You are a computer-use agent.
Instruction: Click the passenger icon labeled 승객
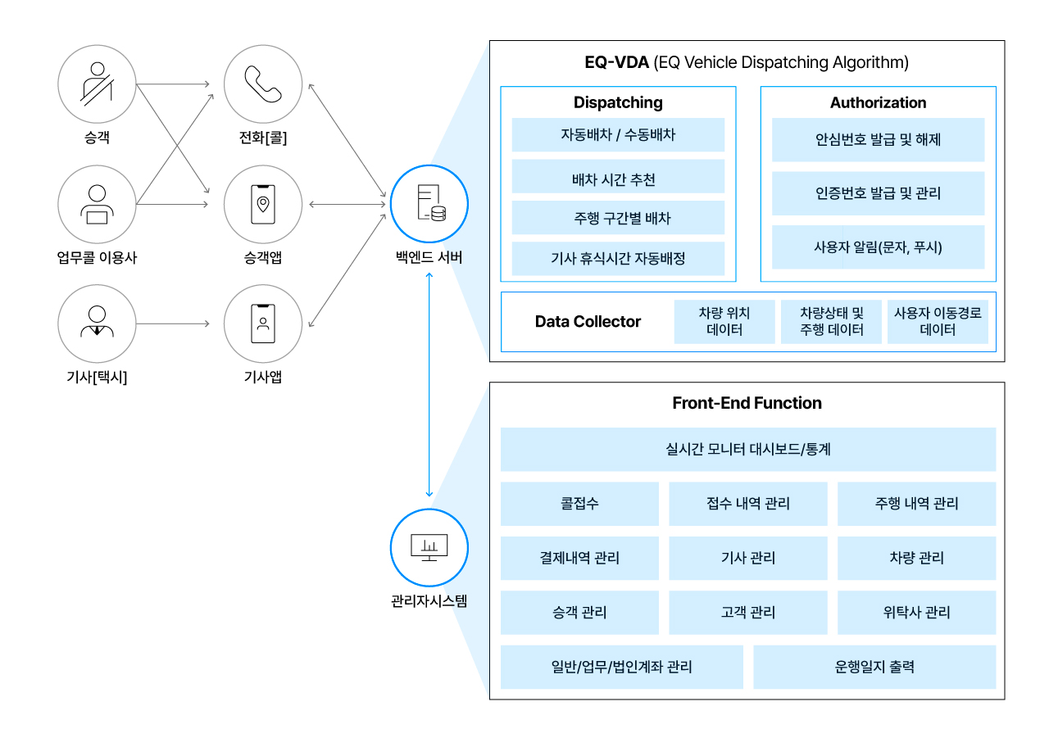[x=97, y=84]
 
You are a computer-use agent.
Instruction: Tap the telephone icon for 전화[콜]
[x=263, y=84]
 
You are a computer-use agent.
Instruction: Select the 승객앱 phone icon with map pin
[x=263, y=204]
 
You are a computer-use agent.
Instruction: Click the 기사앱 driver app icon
[x=263, y=324]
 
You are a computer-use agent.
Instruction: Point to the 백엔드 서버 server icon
[x=429, y=204]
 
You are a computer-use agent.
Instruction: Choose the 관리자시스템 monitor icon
[x=429, y=547]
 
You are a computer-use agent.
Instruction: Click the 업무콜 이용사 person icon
[x=97, y=204]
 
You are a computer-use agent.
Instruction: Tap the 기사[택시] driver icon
[x=97, y=324]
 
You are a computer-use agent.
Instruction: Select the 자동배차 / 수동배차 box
[x=618, y=135]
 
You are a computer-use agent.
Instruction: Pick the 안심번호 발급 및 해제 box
[x=878, y=140]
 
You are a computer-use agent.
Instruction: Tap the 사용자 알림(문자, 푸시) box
[x=878, y=247]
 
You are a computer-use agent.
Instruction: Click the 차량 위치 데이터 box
[x=724, y=322]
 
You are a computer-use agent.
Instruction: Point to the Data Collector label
[x=588, y=322]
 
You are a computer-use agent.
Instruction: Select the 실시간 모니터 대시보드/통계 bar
[x=748, y=450]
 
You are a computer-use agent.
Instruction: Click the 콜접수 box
[x=579, y=504]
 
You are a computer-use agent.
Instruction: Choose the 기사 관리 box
[x=748, y=558]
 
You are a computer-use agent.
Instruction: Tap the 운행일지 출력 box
[x=874, y=667]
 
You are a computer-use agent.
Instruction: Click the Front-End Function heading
[x=747, y=403]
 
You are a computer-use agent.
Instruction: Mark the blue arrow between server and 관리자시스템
[x=429, y=385]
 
